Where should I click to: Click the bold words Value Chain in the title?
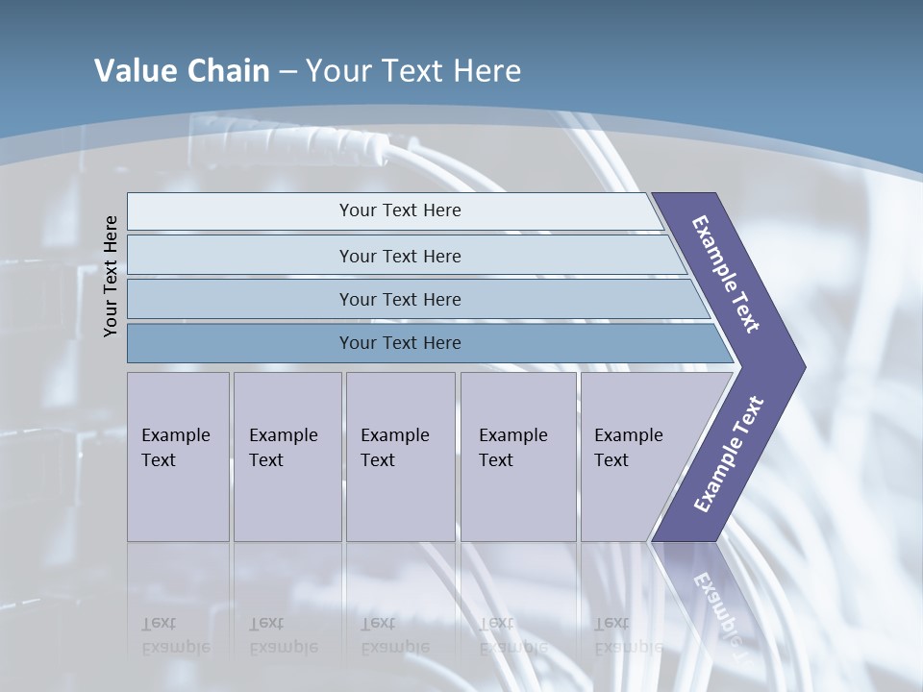pos(182,71)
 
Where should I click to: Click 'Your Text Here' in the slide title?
pos(413,71)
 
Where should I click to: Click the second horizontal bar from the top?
pos(400,256)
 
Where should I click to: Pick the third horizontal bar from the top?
pos(400,299)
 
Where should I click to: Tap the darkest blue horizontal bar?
pos(400,343)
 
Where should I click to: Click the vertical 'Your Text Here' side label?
pos(111,276)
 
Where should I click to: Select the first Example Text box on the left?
pos(178,457)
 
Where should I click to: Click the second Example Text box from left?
pos(287,457)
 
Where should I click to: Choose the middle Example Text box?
pos(400,457)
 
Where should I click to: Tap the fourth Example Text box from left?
pos(518,457)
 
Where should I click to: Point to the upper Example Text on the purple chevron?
pos(726,274)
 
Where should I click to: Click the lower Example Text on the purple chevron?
pos(728,455)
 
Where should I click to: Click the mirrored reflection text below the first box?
pos(175,635)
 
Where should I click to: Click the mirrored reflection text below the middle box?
pos(394,635)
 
